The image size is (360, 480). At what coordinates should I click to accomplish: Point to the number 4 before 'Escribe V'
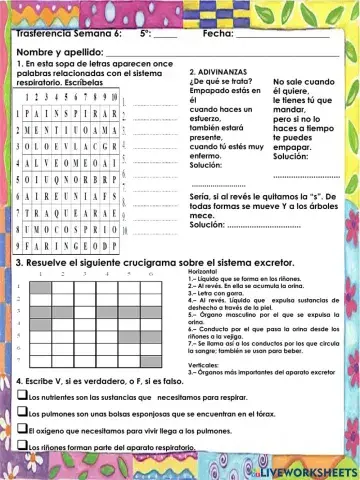pyautogui.click(x=20, y=382)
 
